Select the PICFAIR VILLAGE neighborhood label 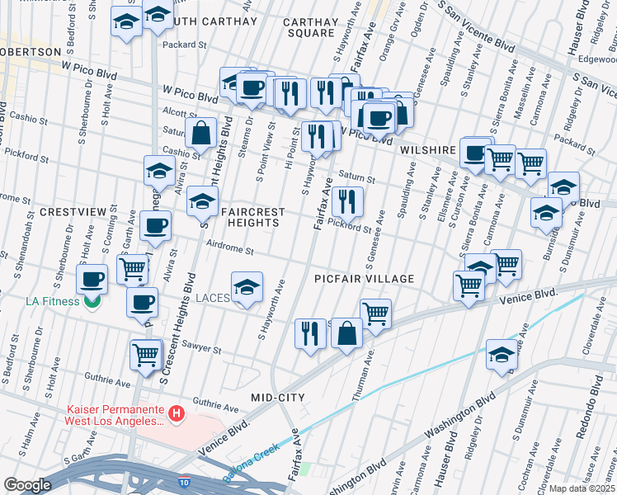point(364,279)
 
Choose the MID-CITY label point(278,398)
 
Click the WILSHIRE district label point(428,151)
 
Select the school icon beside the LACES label point(247,288)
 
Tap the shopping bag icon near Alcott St point(200,131)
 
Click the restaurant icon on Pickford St point(347,200)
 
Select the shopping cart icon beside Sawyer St point(146,354)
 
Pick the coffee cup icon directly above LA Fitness point(92,278)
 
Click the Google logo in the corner point(27,485)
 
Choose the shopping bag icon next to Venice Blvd point(347,333)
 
